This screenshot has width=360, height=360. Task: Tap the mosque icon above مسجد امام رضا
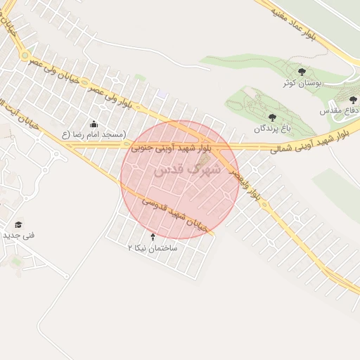(94, 124)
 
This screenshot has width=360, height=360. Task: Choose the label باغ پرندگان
(271, 129)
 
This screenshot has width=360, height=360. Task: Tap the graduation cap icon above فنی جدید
(18, 224)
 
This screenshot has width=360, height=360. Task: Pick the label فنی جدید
(18, 235)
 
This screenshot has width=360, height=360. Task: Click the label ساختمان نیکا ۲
(153, 248)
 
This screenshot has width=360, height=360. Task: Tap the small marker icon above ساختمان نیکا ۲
(153, 236)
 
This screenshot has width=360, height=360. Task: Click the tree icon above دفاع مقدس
(352, 100)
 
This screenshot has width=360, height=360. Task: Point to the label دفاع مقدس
(345, 111)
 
